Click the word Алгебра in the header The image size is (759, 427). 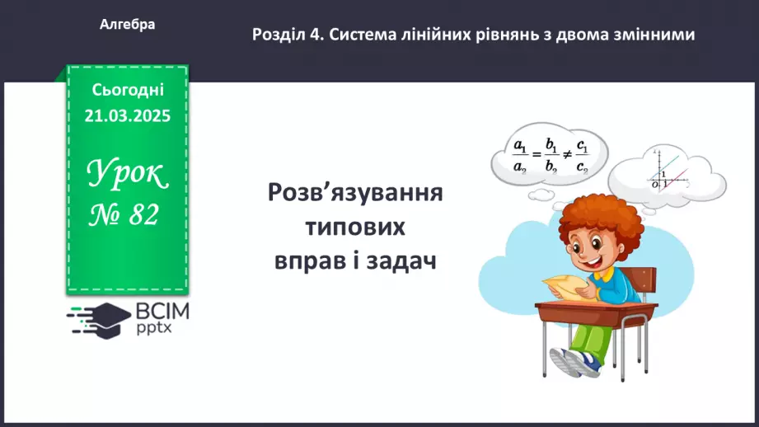127,25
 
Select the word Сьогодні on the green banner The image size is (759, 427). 127,89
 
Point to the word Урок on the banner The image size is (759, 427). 127,174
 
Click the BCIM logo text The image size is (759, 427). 162,311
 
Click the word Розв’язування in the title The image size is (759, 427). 356,194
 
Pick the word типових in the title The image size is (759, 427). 356,227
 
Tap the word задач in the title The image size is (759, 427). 400,260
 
